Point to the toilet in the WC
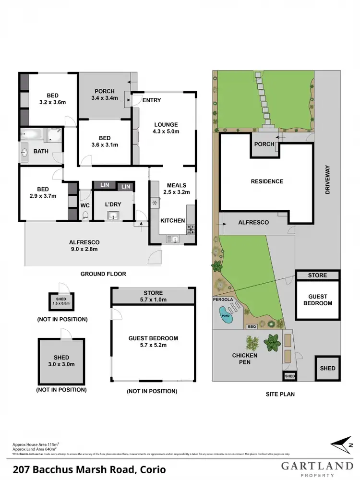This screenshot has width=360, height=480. tap(85, 216)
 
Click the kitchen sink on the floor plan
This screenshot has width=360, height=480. tap(172, 239)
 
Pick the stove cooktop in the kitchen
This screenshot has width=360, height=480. tap(191, 229)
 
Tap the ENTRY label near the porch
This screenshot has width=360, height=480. tap(152, 100)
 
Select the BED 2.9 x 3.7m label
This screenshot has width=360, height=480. tap(42, 192)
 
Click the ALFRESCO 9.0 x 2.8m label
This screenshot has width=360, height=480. tap(84, 246)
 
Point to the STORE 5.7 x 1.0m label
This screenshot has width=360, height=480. tap(153, 296)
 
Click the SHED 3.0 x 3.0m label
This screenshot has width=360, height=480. tap(61, 360)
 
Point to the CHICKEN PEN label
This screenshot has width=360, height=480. tap(245, 359)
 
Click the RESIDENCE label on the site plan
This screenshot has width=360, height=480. tap(267, 181)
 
